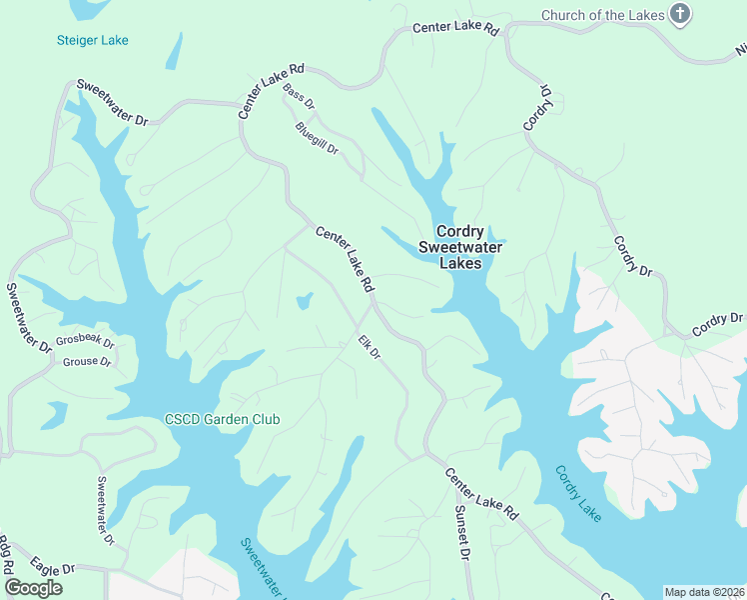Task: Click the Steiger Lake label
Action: click(92, 40)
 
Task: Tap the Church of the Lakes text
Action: click(602, 15)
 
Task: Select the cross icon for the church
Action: click(680, 14)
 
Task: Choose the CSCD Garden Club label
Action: click(223, 419)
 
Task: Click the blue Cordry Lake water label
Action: click(578, 493)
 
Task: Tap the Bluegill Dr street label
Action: click(318, 137)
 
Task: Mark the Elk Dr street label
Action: click(371, 349)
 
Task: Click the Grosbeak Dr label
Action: click(85, 340)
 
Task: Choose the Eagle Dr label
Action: click(52, 567)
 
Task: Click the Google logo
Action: click(33, 587)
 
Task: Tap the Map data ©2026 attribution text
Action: click(704, 592)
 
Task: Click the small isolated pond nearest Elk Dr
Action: click(304, 300)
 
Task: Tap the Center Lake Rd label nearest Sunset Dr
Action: click(481, 493)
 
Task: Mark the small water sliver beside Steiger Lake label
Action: click(174, 51)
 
